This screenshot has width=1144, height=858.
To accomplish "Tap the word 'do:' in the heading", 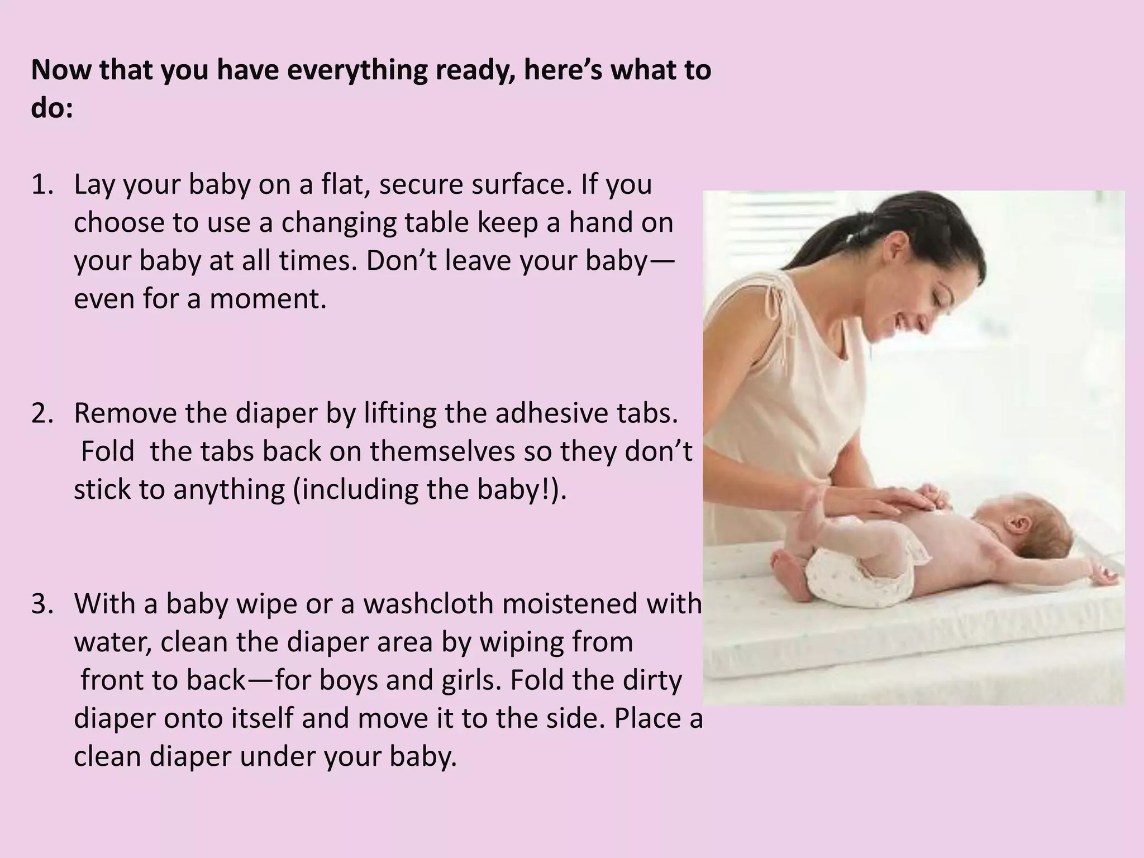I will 52,108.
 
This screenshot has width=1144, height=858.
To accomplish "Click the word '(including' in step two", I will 355,490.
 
